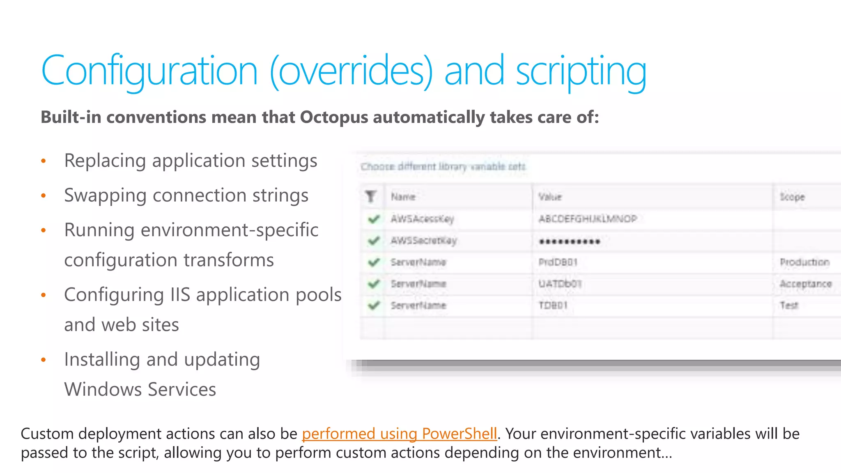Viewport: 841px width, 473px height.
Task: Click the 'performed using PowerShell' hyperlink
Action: pos(399,434)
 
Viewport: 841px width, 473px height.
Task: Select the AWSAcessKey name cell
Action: pos(422,219)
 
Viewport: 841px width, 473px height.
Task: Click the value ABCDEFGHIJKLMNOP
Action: pos(588,219)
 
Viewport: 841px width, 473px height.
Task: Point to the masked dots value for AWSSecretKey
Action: pos(570,241)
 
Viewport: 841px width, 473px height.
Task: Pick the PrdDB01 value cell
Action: pos(558,262)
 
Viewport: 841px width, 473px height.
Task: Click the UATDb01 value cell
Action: pos(560,284)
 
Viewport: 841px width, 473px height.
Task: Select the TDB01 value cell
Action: pos(553,305)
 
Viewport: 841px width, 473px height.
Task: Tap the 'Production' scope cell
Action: pos(804,262)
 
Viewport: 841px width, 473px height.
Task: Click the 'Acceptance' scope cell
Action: pos(805,284)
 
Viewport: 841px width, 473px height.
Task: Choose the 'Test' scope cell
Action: pos(789,305)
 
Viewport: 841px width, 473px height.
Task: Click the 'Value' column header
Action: pos(550,197)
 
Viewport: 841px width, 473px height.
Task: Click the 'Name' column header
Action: pos(403,197)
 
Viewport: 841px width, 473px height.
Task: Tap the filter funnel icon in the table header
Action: pos(371,197)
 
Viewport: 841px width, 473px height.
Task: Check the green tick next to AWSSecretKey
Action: pos(373,241)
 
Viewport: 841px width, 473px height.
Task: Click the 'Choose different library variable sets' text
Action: pos(443,167)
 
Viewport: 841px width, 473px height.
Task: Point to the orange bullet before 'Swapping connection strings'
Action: pos(44,196)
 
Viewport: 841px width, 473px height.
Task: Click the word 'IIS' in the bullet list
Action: pos(180,295)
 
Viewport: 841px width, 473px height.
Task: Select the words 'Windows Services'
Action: pos(140,389)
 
